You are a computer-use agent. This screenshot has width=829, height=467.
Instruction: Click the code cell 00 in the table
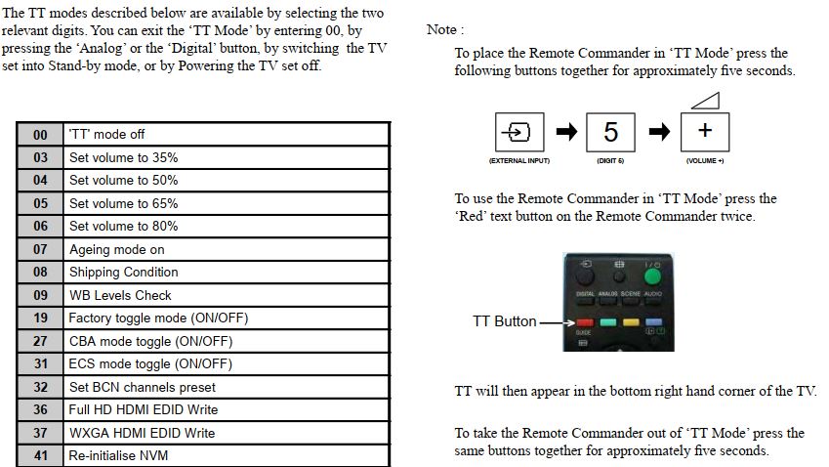[40, 134]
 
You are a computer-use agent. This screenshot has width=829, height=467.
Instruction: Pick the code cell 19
[40, 318]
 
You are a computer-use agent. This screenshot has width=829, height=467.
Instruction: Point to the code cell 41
[40, 455]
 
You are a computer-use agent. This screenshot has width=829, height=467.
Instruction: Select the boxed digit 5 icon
[610, 132]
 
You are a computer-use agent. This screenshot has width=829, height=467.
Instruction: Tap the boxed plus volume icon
[704, 132]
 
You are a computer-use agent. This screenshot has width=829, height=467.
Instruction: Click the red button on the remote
[585, 320]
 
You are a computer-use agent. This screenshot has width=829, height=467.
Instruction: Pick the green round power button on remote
[652, 275]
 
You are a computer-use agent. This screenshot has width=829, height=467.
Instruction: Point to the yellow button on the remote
[631, 320]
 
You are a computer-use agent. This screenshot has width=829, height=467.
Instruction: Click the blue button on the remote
[653, 320]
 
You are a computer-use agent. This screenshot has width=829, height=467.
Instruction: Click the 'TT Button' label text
[505, 321]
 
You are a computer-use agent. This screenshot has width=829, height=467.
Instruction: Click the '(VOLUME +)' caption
[704, 159]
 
